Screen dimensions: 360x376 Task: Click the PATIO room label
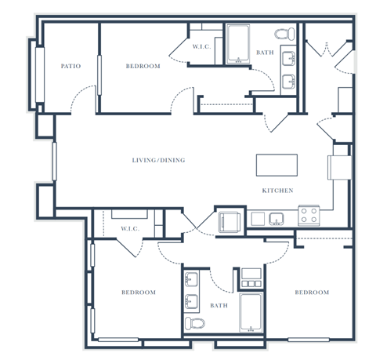coord(71,67)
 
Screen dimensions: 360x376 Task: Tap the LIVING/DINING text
coord(158,161)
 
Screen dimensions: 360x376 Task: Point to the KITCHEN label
coord(277,191)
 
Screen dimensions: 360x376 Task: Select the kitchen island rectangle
coord(277,165)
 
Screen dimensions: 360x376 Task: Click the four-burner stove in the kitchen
coord(309,216)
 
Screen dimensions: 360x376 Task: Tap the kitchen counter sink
coord(276,219)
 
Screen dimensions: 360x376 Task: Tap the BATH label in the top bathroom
coord(265,53)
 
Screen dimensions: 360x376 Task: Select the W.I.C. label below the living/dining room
coord(129,229)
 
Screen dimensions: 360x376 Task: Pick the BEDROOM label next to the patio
coord(143,67)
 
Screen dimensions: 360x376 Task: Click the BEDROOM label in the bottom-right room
coord(311,293)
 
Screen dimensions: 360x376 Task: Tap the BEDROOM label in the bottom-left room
coord(138,293)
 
